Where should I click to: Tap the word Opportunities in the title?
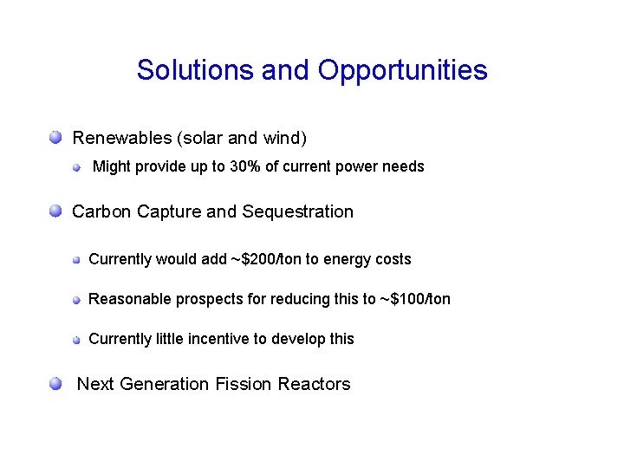tap(402, 70)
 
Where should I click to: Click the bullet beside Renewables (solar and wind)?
tap(55, 137)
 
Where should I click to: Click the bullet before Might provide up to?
tap(76, 166)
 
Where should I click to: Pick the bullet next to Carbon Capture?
tap(55, 211)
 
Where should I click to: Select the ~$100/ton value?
tap(414, 299)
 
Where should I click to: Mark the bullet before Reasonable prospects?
tap(76, 300)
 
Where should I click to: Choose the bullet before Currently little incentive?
tap(76, 340)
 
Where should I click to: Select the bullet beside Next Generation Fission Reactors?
tap(55, 383)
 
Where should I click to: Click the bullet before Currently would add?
tap(76, 260)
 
